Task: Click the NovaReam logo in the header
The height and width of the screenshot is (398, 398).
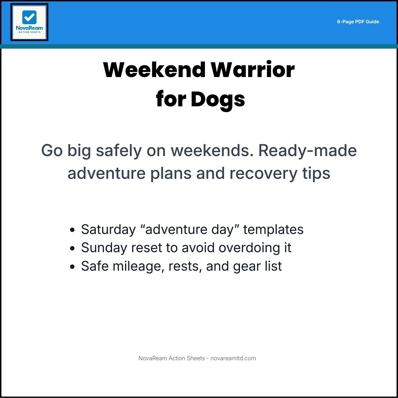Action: (x=29, y=22)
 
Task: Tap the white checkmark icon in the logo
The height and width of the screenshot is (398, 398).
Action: (x=29, y=17)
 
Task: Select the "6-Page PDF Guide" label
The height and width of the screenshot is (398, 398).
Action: (x=358, y=22)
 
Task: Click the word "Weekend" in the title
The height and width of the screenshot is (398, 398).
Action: (x=154, y=70)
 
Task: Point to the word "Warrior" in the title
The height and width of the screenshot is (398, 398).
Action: (x=252, y=70)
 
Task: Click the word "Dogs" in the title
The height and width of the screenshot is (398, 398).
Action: (x=218, y=100)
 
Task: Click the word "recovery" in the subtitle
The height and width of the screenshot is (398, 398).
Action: (x=263, y=173)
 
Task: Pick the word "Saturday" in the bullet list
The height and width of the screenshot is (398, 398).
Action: (x=108, y=229)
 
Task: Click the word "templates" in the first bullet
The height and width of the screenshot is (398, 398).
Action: (x=273, y=229)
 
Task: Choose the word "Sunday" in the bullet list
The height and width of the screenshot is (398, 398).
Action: (x=104, y=248)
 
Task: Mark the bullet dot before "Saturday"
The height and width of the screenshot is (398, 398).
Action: (x=72, y=230)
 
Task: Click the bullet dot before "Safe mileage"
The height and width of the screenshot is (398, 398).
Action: (x=72, y=267)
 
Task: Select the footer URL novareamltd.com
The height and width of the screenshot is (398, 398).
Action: (x=233, y=358)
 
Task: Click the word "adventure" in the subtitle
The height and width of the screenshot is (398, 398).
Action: (x=107, y=173)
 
